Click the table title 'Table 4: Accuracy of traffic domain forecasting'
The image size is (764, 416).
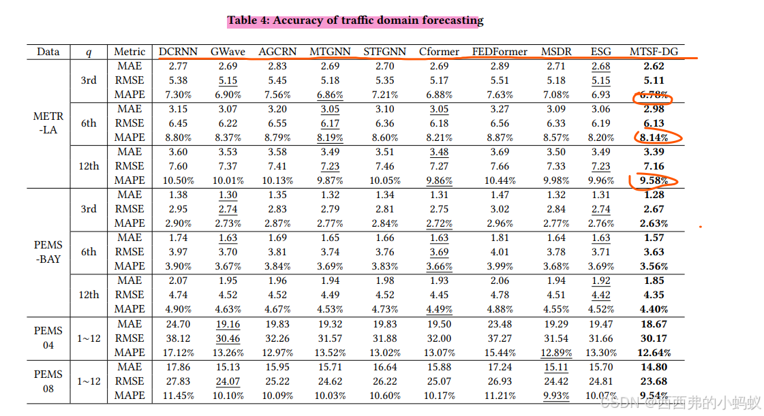coord(355,20)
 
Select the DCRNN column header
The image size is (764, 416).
coord(178,52)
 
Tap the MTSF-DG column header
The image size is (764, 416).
coord(654,52)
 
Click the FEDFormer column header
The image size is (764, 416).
coord(500,52)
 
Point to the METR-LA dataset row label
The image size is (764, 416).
coord(48,123)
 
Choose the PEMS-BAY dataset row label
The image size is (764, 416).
coord(48,252)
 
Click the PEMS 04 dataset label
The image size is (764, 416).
coord(48,338)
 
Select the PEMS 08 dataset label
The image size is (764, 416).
coord(48,381)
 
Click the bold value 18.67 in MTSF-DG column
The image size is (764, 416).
coord(654,324)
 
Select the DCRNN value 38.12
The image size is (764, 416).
coord(178,338)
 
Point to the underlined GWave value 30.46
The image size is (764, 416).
coord(228,338)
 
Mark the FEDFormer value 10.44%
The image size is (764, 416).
coord(500,180)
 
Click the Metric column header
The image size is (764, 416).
coord(129,52)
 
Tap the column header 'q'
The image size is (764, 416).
coord(89,52)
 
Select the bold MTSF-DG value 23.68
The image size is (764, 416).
coord(654,381)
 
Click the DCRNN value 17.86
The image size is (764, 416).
coord(178,367)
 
